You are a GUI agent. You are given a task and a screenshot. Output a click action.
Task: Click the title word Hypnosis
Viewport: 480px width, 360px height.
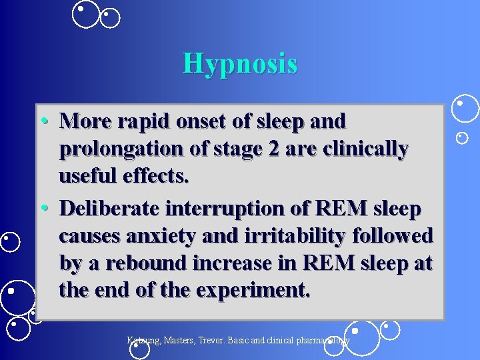240,64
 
